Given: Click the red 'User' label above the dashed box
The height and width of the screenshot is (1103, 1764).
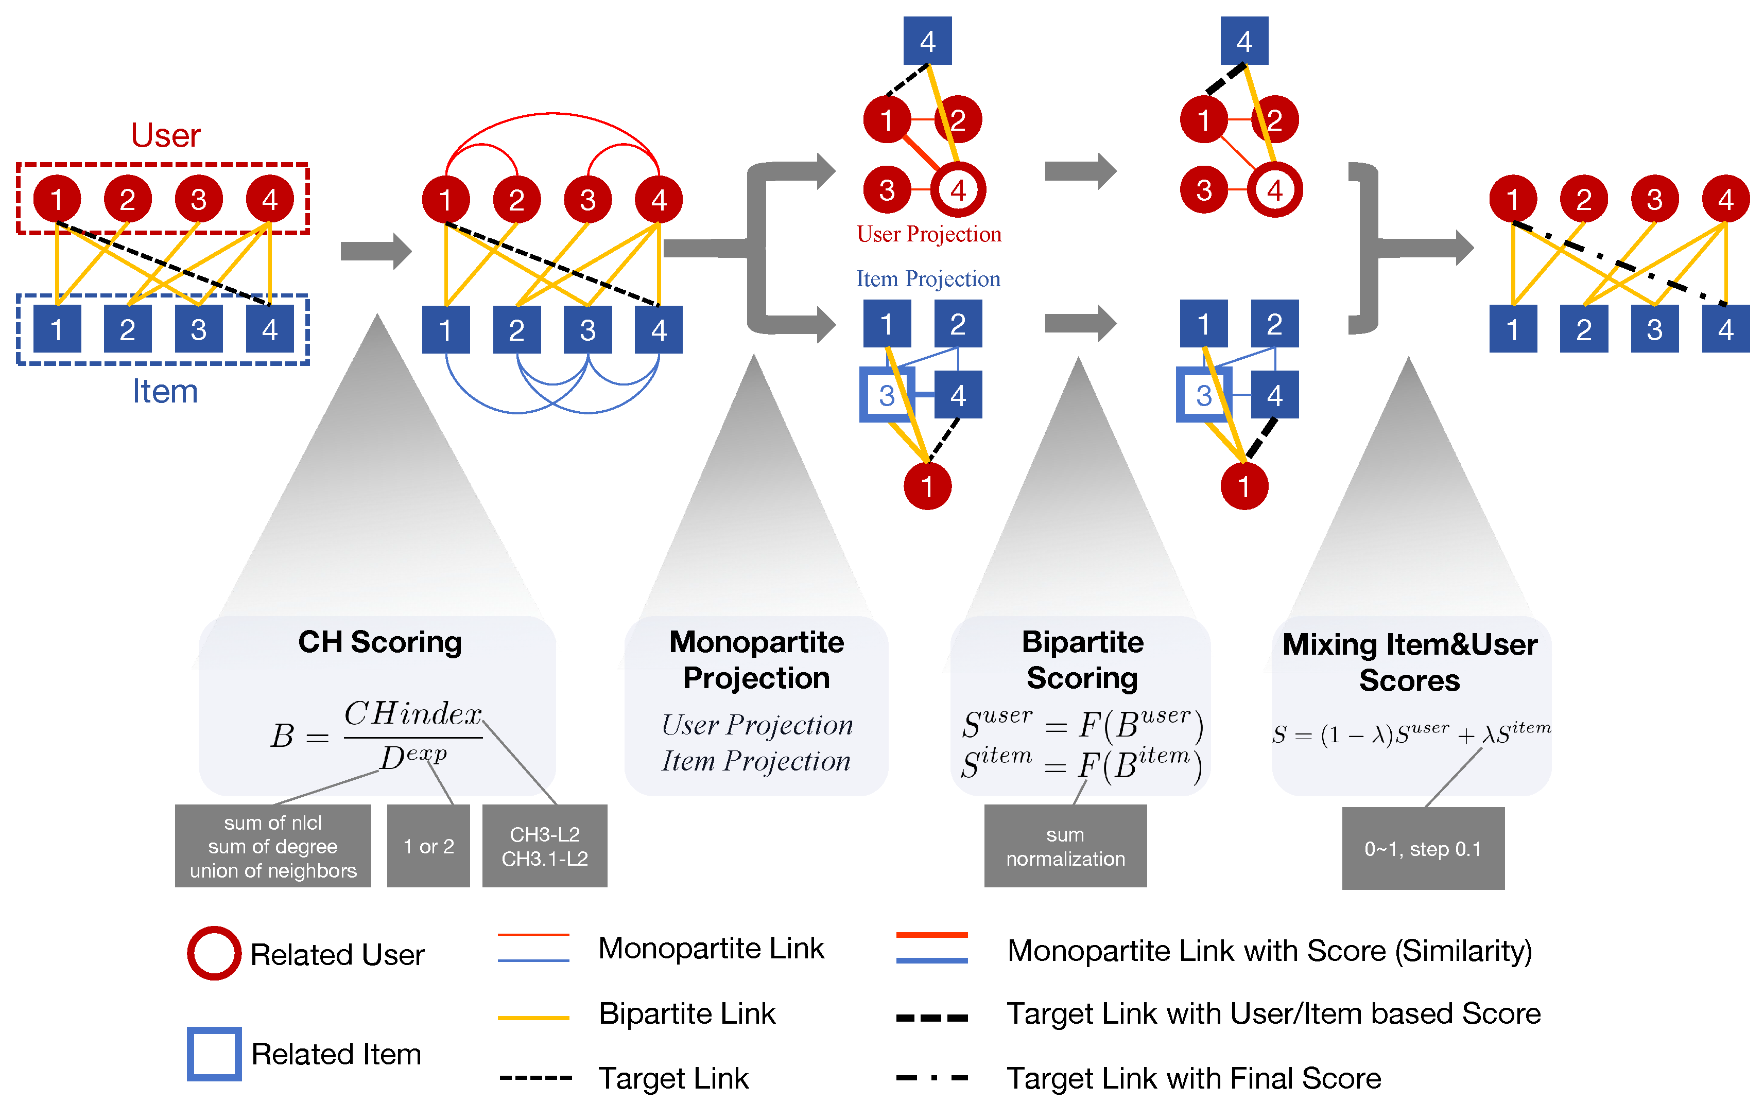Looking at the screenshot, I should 166,136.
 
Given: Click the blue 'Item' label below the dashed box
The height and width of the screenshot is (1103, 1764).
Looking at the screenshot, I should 165,392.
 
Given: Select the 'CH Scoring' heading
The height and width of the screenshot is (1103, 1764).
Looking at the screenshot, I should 380,642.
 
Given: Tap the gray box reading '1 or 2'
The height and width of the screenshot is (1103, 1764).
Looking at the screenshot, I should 428,846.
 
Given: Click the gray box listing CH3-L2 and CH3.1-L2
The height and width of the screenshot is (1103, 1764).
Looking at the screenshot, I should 544,846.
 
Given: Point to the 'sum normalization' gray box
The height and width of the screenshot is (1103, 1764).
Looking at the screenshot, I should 1065,846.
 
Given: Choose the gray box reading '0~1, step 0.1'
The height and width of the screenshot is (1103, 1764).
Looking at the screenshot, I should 1423,848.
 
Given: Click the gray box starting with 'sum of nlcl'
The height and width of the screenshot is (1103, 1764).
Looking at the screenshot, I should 273,846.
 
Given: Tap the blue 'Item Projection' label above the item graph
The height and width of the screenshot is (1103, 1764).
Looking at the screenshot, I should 928,278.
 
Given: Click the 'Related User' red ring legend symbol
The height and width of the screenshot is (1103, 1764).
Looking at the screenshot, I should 214,953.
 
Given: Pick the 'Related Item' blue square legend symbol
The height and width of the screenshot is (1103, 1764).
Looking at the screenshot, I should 214,1054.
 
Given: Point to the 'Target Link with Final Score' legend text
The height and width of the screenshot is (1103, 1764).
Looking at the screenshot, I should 1194,1078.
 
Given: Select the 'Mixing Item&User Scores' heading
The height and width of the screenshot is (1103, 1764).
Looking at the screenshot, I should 1409,662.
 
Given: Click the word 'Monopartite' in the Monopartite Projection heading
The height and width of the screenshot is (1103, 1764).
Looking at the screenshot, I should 756,642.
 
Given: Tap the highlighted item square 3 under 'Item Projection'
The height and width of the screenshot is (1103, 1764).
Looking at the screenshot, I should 887,395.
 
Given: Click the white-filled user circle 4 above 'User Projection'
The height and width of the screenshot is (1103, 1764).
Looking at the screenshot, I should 958,190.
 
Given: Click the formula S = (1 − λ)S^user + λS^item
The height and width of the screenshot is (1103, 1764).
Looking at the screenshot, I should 1411,733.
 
